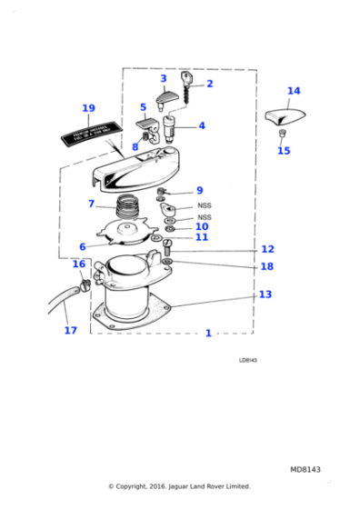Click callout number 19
click(x=88, y=108)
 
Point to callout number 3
click(x=163, y=79)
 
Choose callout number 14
click(x=293, y=91)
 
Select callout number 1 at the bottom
click(x=207, y=334)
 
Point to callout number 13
click(x=265, y=294)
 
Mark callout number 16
click(x=79, y=264)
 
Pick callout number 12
click(x=267, y=249)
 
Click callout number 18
click(x=266, y=266)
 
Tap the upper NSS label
click(x=204, y=206)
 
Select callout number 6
click(x=82, y=246)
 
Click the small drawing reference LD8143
click(x=247, y=360)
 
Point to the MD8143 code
click(x=305, y=469)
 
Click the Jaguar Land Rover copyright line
click(x=179, y=486)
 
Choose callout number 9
click(x=199, y=190)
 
